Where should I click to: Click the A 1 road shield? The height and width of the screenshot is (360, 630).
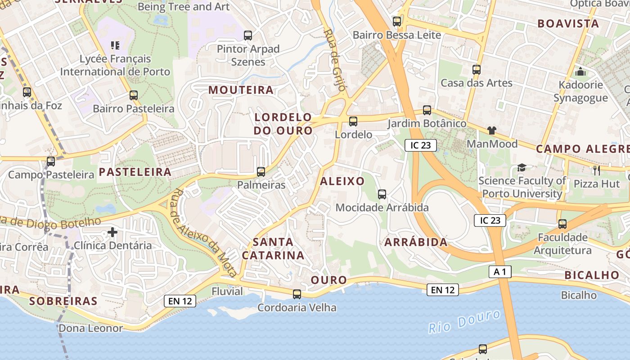(500, 272)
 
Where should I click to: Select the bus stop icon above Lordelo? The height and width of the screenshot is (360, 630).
(353, 121)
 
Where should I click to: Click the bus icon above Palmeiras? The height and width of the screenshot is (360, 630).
(261, 171)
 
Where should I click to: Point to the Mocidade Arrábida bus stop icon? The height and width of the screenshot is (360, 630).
(382, 194)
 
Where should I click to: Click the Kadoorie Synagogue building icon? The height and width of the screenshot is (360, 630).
(580, 72)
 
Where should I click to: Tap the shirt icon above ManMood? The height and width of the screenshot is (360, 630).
(492, 130)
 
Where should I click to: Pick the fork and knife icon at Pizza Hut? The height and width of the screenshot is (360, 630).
(597, 170)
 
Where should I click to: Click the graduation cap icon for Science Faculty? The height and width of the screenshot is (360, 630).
(522, 167)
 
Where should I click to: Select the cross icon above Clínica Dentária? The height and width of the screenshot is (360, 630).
(112, 232)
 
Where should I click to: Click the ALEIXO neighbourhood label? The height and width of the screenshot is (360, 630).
(342, 181)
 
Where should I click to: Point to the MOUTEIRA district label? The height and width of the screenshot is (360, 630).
(241, 90)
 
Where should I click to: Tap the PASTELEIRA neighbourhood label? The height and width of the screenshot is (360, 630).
(135, 172)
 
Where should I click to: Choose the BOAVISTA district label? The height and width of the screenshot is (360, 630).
(568, 23)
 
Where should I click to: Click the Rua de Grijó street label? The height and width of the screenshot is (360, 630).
(335, 60)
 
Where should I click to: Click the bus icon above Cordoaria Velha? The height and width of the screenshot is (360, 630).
(297, 294)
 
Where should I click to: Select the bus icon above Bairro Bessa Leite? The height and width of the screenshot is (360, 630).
(397, 21)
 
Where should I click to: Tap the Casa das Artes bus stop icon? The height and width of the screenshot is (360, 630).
(477, 70)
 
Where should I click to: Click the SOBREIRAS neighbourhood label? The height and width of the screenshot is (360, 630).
(63, 301)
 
